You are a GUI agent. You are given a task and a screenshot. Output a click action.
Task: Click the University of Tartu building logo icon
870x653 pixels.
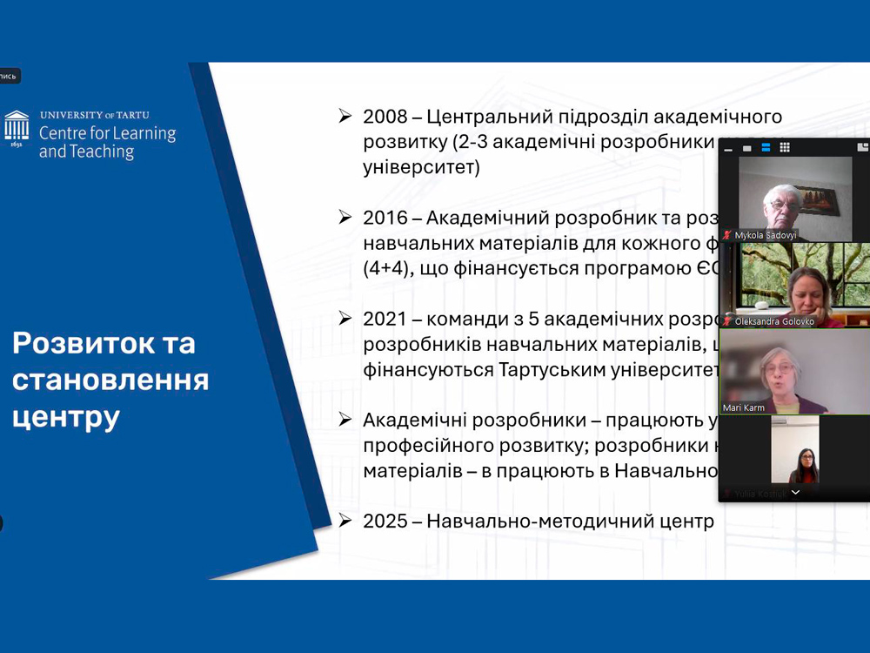17,128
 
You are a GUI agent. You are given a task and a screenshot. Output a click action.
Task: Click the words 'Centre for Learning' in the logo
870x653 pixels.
107,134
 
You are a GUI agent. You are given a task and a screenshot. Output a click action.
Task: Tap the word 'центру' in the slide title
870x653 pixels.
66,417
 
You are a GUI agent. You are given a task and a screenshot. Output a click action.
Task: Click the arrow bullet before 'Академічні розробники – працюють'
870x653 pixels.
345,420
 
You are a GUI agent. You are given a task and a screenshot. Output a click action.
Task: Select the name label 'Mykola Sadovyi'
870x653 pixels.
766,235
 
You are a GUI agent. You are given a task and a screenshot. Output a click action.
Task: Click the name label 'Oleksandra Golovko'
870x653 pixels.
773,321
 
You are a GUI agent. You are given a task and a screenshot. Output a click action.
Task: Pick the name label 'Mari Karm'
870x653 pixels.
744,407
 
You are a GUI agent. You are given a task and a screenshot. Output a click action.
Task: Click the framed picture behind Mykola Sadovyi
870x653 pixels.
816,199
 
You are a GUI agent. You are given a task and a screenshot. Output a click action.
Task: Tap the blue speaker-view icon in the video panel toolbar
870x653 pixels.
766,148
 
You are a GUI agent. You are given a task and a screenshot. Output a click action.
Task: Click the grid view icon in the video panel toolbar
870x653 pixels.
785,148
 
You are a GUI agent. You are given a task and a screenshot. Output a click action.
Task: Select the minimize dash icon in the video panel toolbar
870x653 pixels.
728,150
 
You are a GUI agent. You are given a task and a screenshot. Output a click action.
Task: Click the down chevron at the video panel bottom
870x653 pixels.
795,493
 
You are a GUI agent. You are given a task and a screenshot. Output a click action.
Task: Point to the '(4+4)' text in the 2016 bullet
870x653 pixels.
387,268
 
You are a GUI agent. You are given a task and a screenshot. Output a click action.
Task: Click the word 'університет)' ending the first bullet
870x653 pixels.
421,167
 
